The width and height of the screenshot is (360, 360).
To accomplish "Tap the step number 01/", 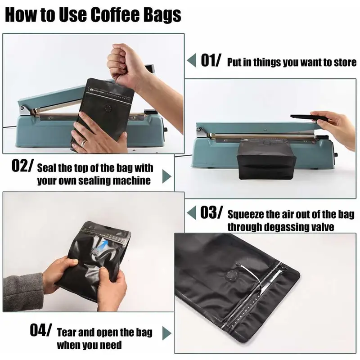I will [211, 60].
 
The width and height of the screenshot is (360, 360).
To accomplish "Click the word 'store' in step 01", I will [345, 62].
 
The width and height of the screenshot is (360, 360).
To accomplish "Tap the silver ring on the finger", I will [83, 142].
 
